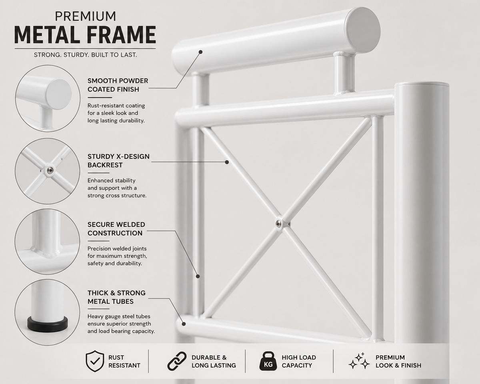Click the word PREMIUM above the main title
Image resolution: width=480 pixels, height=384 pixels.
[x=86, y=16]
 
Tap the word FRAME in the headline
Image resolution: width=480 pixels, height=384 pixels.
[x=121, y=35]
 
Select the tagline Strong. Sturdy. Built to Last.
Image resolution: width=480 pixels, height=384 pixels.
[x=86, y=55]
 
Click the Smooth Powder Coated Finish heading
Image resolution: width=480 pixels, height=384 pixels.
[x=118, y=85]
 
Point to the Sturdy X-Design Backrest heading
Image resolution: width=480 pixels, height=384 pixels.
[x=118, y=161]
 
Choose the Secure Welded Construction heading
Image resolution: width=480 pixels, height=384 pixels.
[x=116, y=229]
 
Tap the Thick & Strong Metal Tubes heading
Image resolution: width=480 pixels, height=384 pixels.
[x=116, y=297]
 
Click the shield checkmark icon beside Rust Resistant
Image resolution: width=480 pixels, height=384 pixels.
[x=95, y=361]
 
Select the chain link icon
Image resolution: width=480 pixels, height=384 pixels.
[x=177, y=361]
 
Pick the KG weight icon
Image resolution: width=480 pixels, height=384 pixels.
[x=268, y=361]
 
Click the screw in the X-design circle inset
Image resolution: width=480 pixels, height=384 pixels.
[x=50, y=171]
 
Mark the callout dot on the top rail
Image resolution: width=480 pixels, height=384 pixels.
[x=200, y=52]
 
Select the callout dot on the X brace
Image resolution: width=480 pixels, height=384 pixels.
[x=227, y=162]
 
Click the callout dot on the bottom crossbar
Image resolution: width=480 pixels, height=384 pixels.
[x=184, y=324]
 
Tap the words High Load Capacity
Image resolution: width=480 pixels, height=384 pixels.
[x=299, y=361]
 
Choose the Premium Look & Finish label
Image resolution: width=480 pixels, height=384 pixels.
[x=398, y=361]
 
